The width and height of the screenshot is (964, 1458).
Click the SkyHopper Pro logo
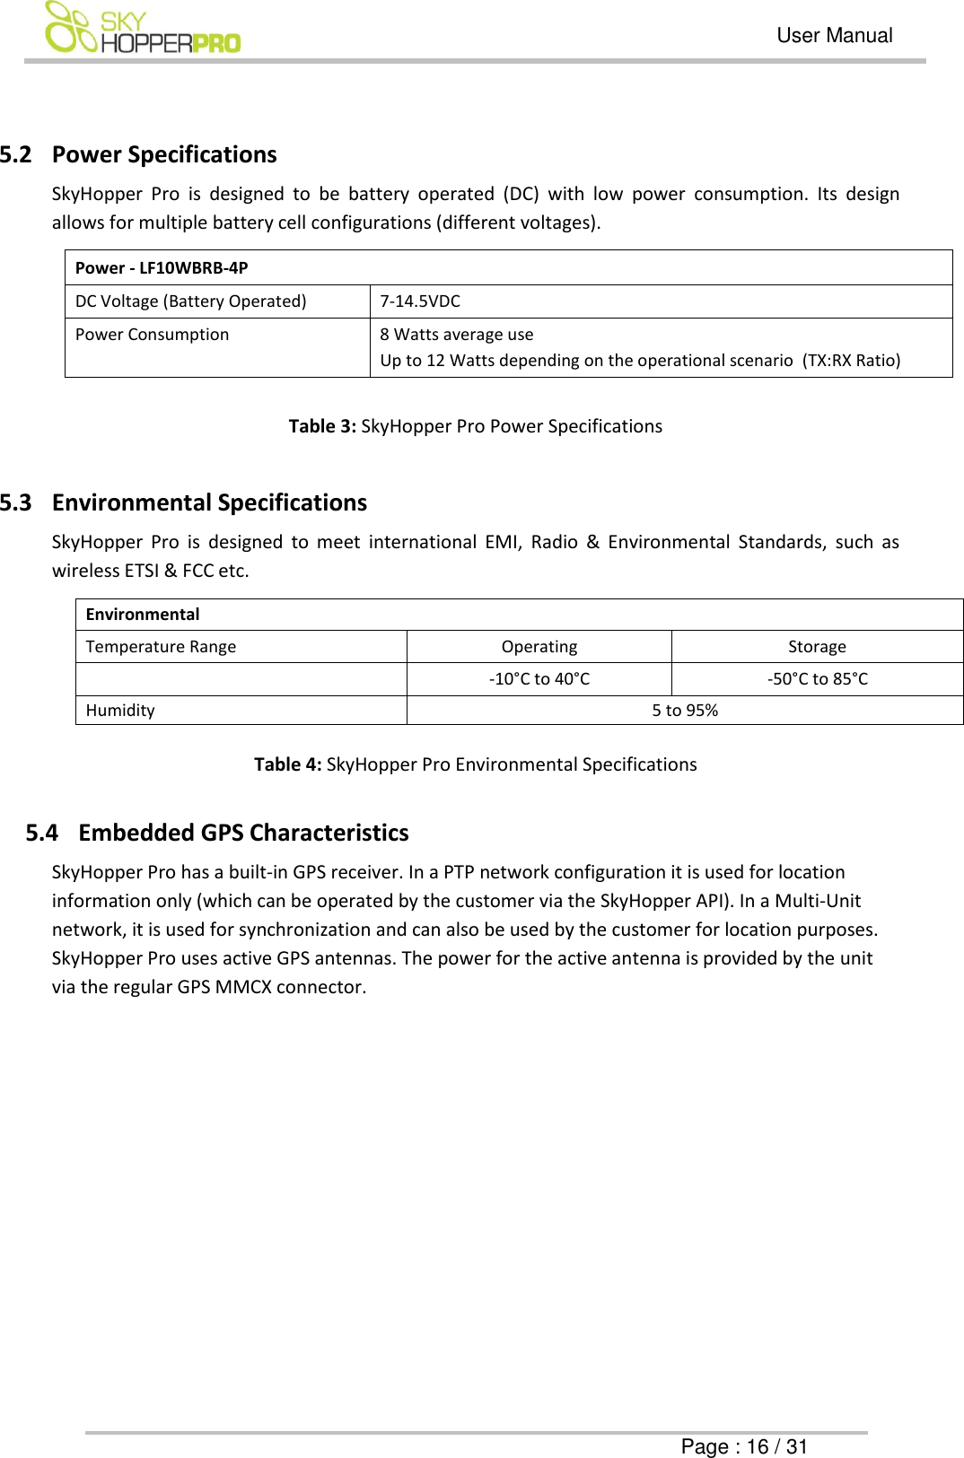click(x=143, y=29)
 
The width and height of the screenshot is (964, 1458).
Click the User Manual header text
click(x=834, y=36)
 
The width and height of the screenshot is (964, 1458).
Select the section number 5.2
click(x=16, y=154)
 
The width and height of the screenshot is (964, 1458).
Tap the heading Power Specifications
click(x=164, y=154)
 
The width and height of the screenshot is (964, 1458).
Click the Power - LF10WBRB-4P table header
click(x=162, y=267)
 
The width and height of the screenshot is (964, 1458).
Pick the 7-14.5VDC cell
click(x=420, y=301)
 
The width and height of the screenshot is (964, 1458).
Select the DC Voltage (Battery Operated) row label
click(x=190, y=301)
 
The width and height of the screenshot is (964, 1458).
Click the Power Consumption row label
click(x=152, y=335)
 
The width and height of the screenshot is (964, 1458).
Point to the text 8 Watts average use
click(x=456, y=335)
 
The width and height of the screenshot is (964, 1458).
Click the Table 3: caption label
click(x=322, y=426)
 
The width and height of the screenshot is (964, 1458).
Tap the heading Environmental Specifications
click(x=209, y=502)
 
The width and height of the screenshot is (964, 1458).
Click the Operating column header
click(x=539, y=647)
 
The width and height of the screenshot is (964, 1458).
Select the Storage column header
click(x=817, y=647)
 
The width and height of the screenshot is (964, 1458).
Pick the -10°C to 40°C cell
click(x=539, y=679)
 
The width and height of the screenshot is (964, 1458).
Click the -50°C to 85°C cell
click(x=817, y=679)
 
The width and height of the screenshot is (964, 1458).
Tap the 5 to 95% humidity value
click(x=684, y=711)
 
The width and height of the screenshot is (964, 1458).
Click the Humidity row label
click(x=120, y=711)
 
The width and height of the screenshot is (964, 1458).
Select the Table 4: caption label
click(x=287, y=764)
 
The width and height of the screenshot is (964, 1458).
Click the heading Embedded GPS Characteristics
click(x=243, y=833)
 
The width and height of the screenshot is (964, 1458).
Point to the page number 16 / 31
click(x=777, y=1446)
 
